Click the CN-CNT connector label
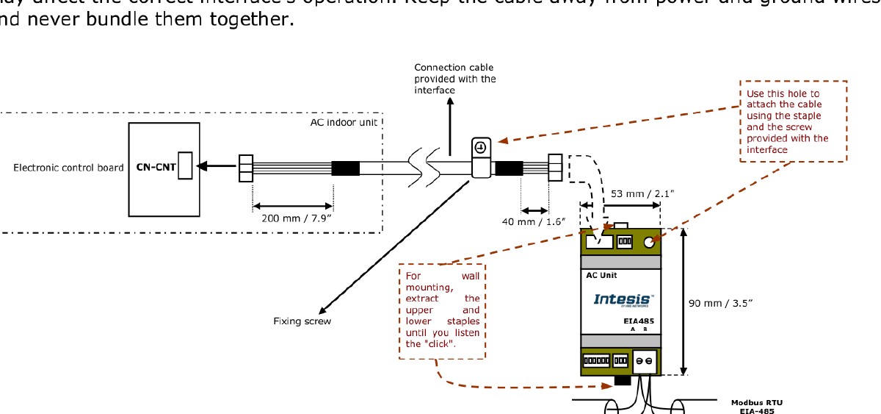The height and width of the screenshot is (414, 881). pyautogui.click(x=156, y=168)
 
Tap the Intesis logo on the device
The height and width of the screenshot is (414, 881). pyautogui.click(x=621, y=300)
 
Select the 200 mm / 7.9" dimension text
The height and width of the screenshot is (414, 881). pyautogui.click(x=292, y=218)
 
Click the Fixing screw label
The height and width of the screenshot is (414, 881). pyautogui.click(x=302, y=322)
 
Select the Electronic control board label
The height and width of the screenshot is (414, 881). pyautogui.click(x=68, y=168)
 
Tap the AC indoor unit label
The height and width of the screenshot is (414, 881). pyautogui.click(x=344, y=122)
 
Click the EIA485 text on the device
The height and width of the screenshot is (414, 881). pyautogui.click(x=634, y=321)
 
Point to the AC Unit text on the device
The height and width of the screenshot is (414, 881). pyautogui.click(x=601, y=276)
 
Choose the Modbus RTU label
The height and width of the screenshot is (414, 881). pyautogui.click(x=756, y=402)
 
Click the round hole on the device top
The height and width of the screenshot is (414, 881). pyautogui.click(x=649, y=240)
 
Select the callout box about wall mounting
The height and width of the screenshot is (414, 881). pyautogui.click(x=442, y=310)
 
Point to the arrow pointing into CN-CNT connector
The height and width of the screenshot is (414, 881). pyautogui.click(x=214, y=166)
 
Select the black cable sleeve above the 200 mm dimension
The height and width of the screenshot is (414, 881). pyautogui.click(x=345, y=168)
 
